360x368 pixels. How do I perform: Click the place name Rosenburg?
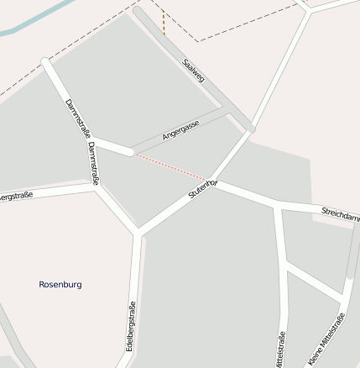(x=60, y=284)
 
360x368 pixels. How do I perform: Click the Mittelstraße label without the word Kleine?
(x=279, y=350)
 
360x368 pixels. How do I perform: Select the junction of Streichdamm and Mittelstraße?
(x=278, y=206)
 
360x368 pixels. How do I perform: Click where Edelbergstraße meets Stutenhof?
(x=138, y=232)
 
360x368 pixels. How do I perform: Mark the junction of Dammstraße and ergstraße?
(x=97, y=187)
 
